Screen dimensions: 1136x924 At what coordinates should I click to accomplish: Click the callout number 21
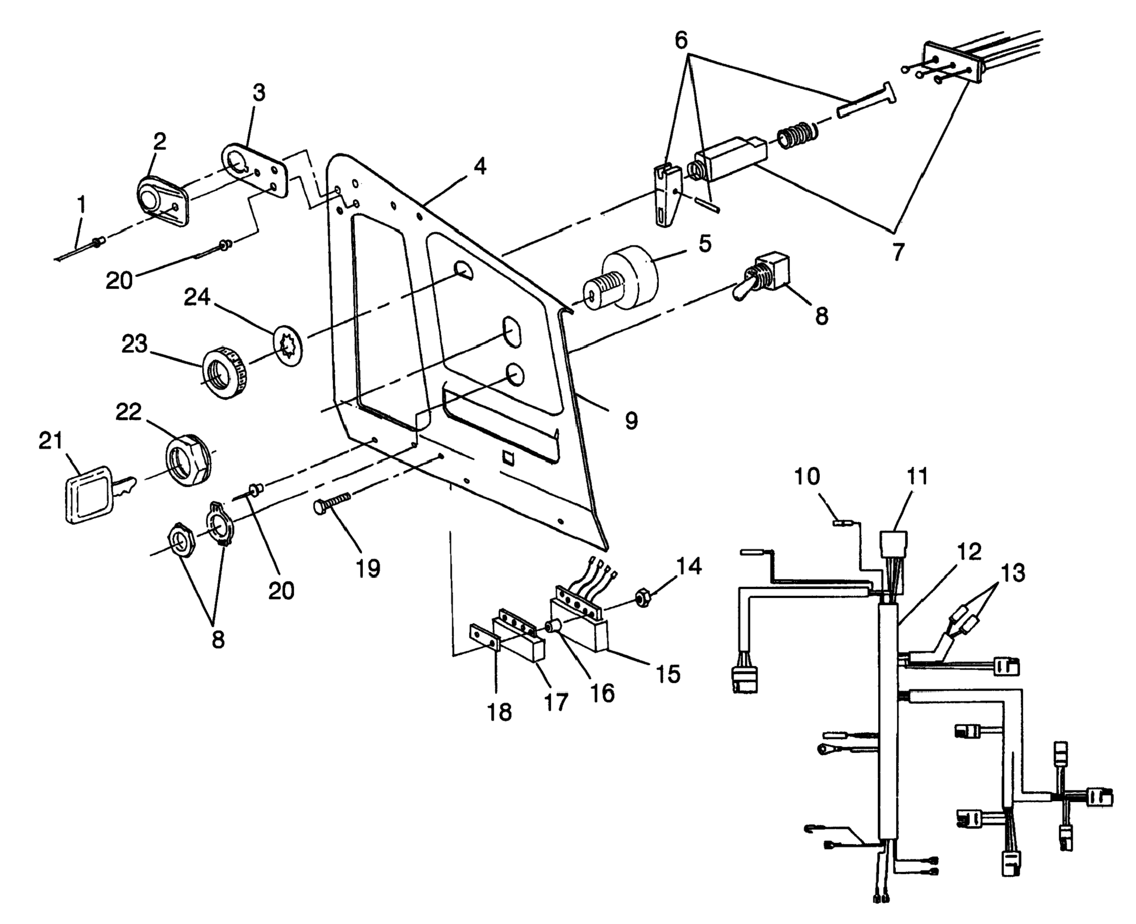point(51,441)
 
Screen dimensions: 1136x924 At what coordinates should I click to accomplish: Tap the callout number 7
point(898,252)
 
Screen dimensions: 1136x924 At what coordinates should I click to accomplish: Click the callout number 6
point(681,40)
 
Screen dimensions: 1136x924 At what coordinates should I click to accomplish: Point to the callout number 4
point(479,166)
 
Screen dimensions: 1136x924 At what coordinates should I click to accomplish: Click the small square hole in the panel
point(508,458)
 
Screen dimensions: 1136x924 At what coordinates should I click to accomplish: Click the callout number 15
point(668,674)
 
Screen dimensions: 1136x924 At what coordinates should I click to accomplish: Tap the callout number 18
point(499,711)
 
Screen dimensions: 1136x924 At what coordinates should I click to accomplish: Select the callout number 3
point(258,93)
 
